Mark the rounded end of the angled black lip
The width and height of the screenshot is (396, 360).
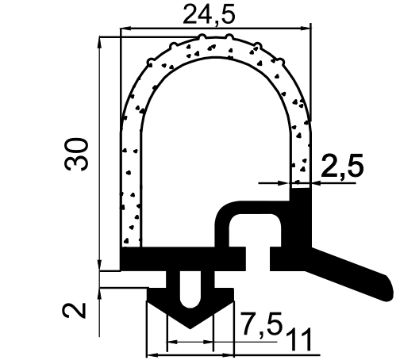pos(386,283)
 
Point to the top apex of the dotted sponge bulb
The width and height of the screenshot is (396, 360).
pos(214,40)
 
